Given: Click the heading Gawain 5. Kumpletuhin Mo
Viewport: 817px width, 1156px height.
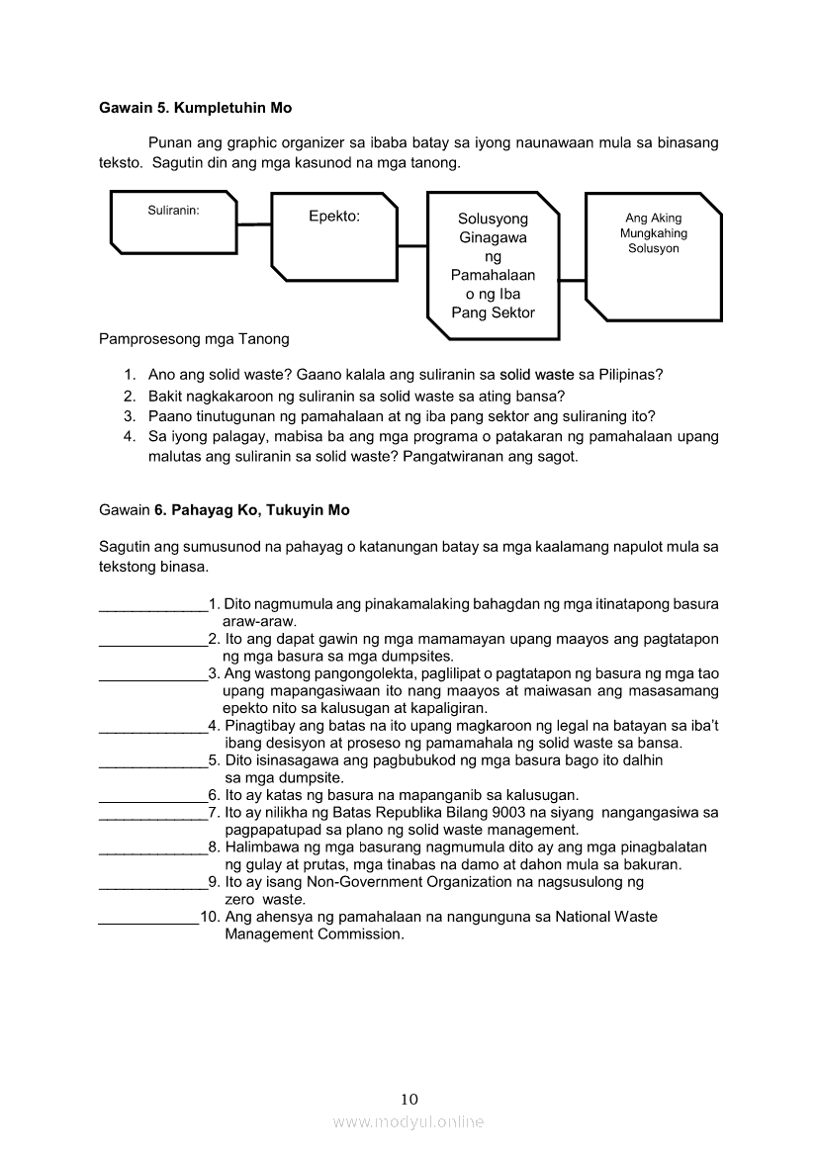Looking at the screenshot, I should point(196,107).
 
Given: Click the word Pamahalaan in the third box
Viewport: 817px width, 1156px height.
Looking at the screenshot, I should point(493,275).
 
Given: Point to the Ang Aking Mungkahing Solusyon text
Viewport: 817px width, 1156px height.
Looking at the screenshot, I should point(654,233).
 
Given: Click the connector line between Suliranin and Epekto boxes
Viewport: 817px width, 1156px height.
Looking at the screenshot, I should point(253,224).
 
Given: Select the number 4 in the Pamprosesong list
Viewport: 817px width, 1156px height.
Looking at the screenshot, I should point(129,436).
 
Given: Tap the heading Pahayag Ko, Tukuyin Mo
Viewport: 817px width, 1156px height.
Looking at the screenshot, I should point(260,510).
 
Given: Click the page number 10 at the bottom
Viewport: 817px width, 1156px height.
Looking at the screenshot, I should point(409,1099).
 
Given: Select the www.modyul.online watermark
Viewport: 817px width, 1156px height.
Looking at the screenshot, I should point(408,1121).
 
